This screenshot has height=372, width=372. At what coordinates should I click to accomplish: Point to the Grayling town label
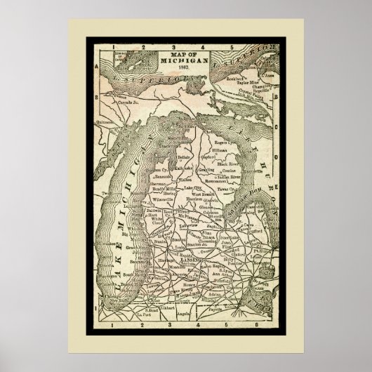[208, 168]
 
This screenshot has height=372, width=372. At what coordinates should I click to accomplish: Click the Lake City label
[189, 188]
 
